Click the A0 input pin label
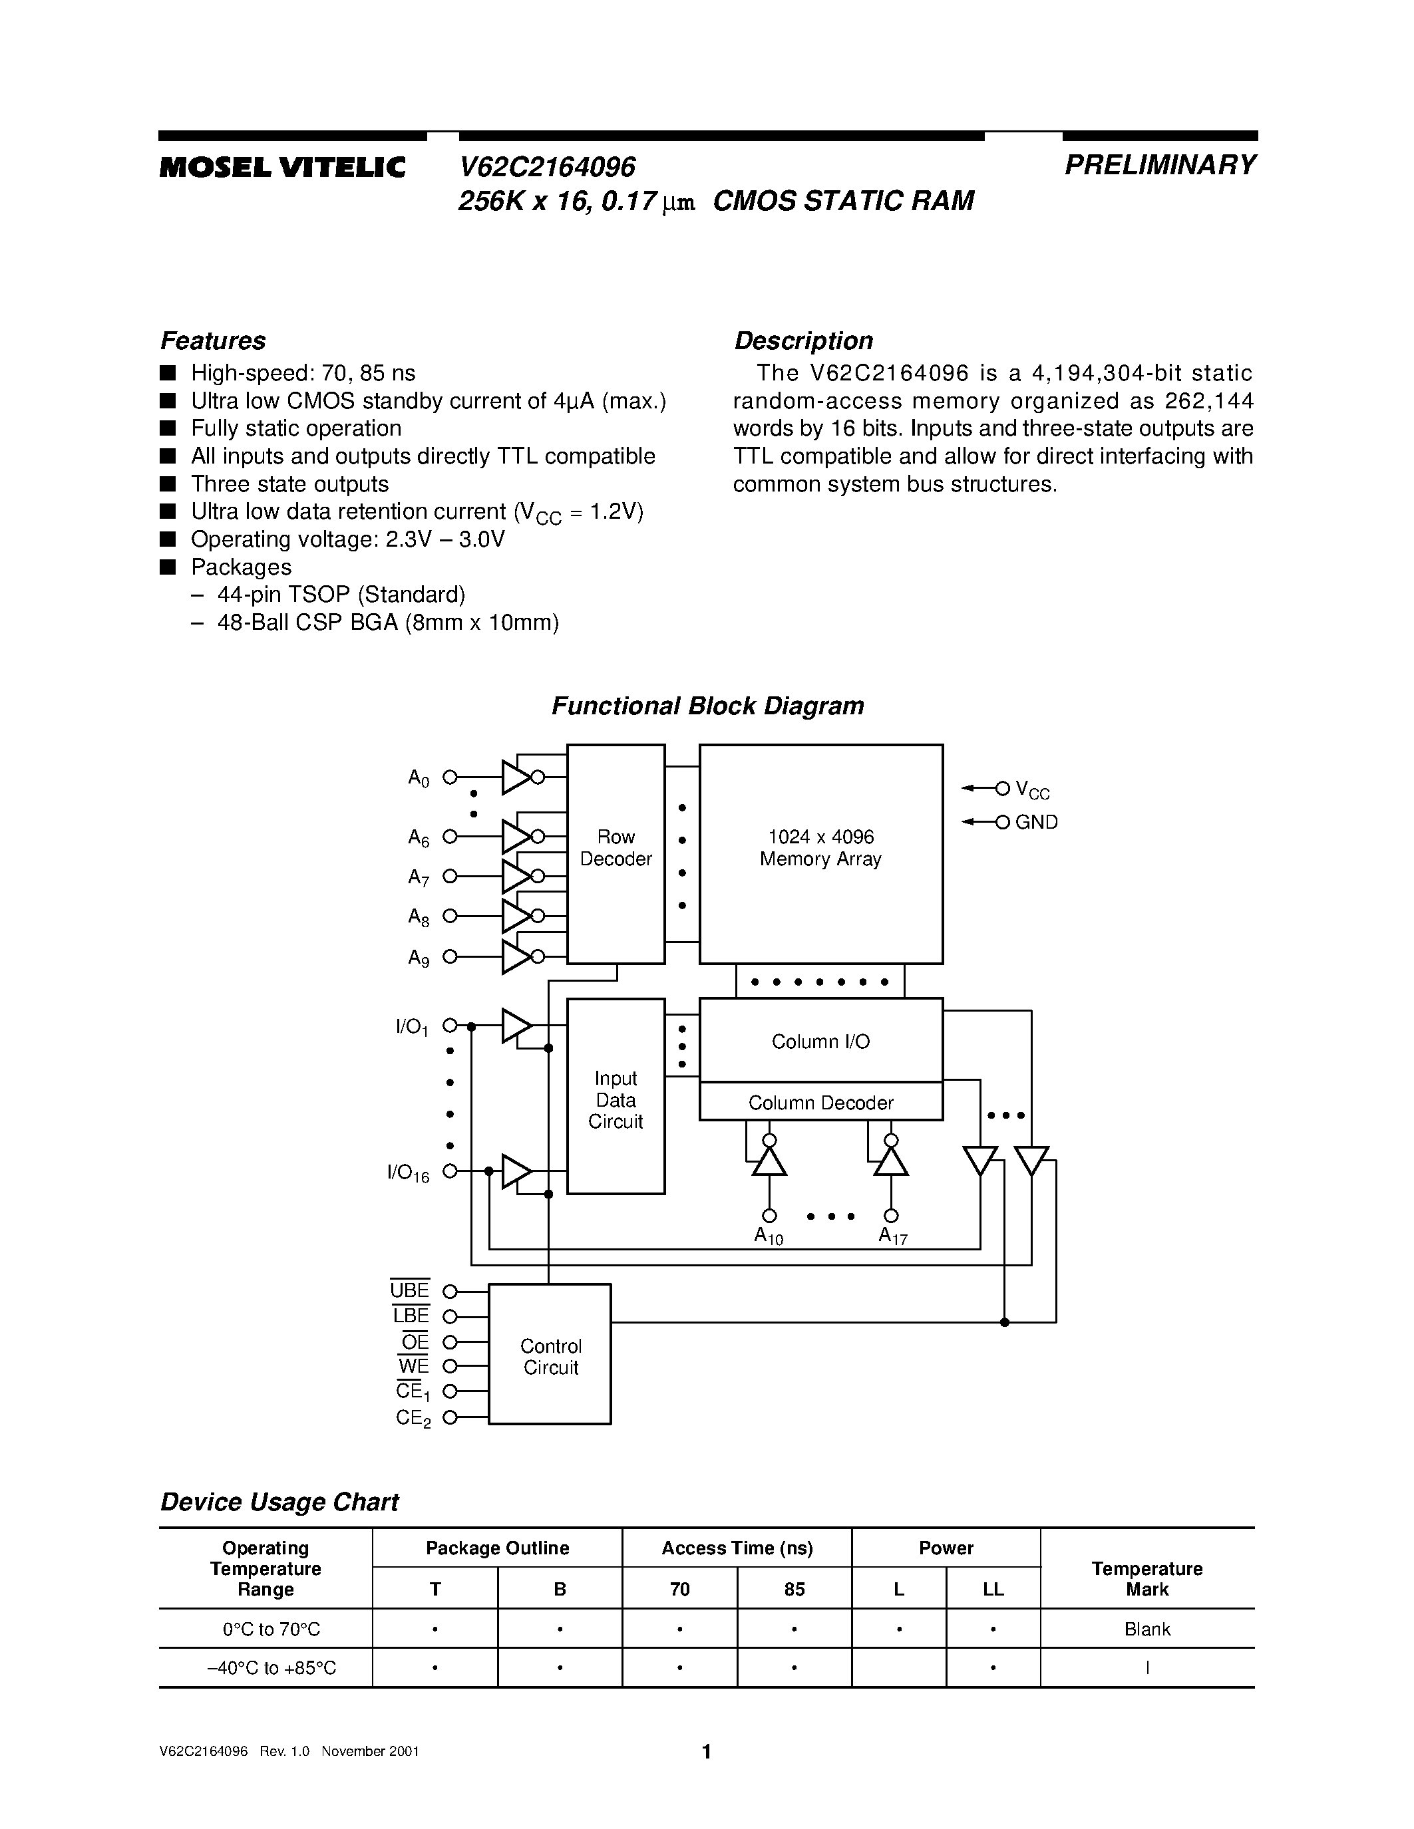[x=419, y=778]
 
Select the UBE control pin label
[x=410, y=1290]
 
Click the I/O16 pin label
[x=408, y=1173]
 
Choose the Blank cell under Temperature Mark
[x=1147, y=1629]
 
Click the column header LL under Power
[x=993, y=1589]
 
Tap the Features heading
[x=213, y=341]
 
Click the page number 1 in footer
[x=706, y=1751]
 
